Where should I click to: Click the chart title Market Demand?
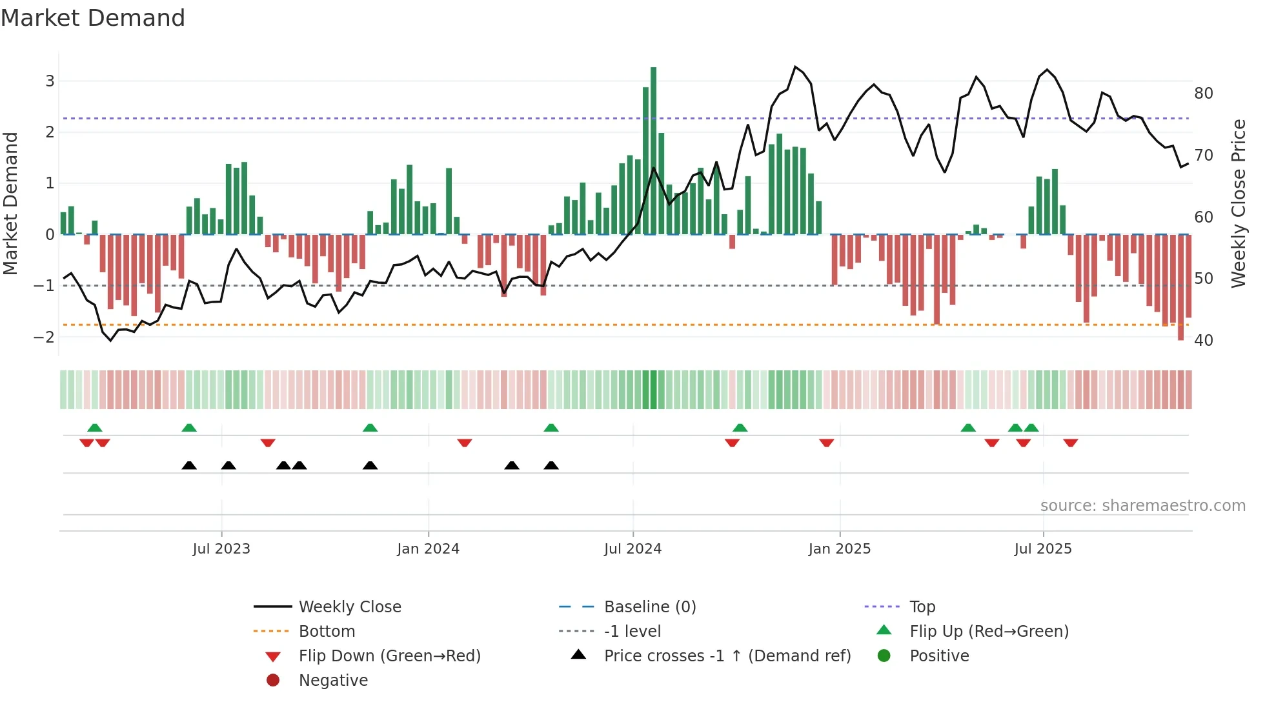93,18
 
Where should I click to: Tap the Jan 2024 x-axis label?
428,549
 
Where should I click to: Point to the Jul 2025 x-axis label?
1042,549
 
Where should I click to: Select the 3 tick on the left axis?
50,81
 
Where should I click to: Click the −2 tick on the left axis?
45,337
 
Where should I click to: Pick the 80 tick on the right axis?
1203,94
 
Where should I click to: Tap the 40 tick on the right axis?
1203,340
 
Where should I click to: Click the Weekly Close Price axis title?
1238,204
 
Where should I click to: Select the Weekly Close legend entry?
349,607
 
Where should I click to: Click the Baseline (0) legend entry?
649,607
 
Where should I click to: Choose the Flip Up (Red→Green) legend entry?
989,632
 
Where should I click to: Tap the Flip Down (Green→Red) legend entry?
389,656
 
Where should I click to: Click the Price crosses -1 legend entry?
727,656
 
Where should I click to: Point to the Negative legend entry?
333,681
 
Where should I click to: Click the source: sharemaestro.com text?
1142,506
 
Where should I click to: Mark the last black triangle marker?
551,466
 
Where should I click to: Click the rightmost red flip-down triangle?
1070,443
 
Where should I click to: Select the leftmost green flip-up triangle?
95,428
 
